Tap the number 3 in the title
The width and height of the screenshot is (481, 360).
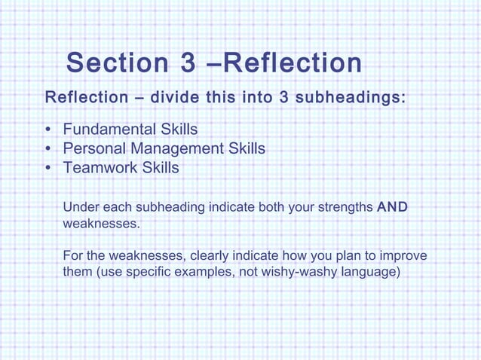tap(188, 63)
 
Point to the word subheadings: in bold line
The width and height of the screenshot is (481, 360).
tap(350, 98)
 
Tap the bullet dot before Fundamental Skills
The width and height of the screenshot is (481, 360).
tap(49, 130)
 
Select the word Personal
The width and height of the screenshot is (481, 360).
tap(93, 148)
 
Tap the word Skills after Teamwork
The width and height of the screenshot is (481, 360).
tap(160, 168)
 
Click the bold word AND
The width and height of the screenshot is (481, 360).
tap(392, 207)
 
